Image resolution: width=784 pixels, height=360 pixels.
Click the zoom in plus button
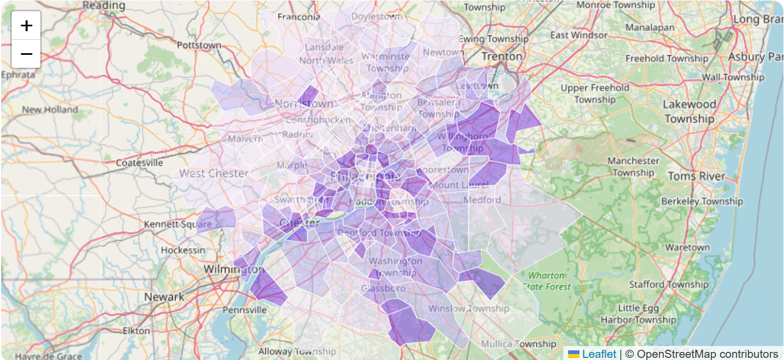pyautogui.click(x=26, y=25)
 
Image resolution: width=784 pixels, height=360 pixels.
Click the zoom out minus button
pyautogui.click(x=26, y=54)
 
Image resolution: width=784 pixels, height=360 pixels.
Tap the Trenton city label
pyautogui.click(x=502, y=56)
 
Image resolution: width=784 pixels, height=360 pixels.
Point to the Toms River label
pyautogui.click(x=696, y=176)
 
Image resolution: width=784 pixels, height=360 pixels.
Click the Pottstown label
pyautogui.click(x=199, y=45)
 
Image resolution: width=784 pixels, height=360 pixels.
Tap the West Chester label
pyautogui.click(x=214, y=173)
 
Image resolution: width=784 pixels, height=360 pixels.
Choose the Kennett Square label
pyautogui.click(x=178, y=224)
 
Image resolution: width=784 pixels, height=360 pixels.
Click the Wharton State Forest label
pyautogui.click(x=546, y=281)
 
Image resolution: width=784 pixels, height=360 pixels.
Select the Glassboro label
pyautogui.click(x=383, y=289)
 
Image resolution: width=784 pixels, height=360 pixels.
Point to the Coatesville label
pyautogui.click(x=139, y=163)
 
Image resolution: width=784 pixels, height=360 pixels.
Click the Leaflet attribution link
pyautogui.click(x=599, y=354)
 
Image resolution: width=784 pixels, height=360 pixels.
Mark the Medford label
pyautogui.click(x=482, y=200)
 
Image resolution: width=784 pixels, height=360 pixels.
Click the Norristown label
pyautogui.click(x=304, y=103)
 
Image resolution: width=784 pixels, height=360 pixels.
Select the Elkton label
pyautogui.click(x=136, y=330)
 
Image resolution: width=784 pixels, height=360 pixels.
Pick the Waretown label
pyautogui.click(x=687, y=248)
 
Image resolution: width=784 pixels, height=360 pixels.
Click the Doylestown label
pyautogui.click(x=376, y=17)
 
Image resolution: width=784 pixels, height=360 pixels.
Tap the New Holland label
pyautogui.click(x=50, y=110)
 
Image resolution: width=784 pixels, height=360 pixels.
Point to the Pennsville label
pyautogui.click(x=244, y=310)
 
